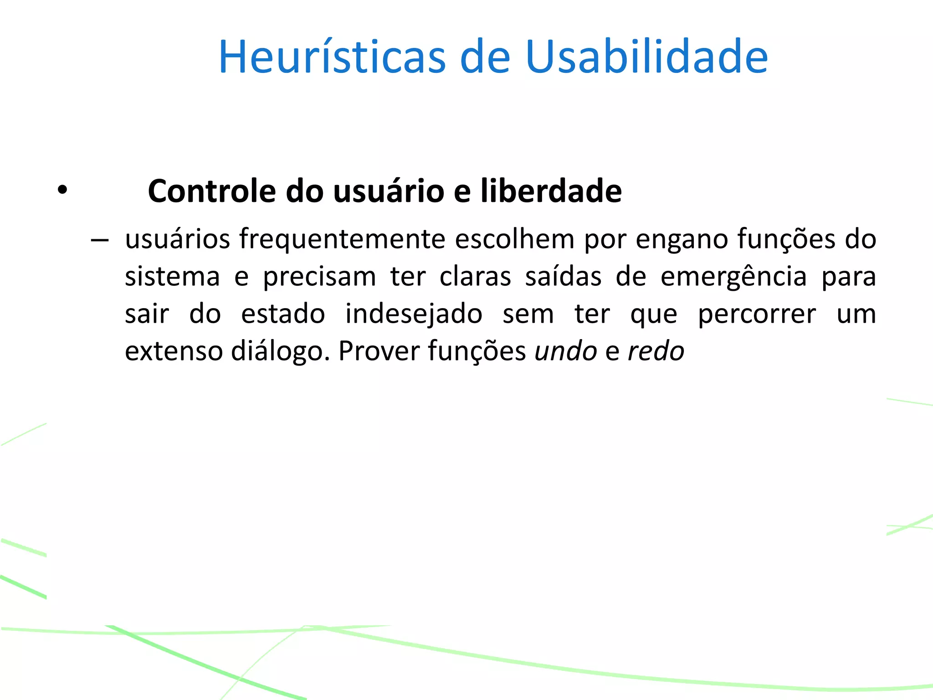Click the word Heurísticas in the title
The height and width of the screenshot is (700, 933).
pyautogui.click(x=332, y=57)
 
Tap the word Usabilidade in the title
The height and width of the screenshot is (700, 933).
pyautogui.click(x=646, y=57)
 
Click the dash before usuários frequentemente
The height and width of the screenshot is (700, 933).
pyautogui.click(x=99, y=240)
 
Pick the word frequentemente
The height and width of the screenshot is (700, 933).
pyautogui.click(x=342, y=239)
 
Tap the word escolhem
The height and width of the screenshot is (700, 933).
pyautogui.click(x=514, y=239)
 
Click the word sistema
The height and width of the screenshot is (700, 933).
pyautogui.click(x=172, y=277)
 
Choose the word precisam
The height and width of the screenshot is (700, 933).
pyautogui.click(x=319, y=277)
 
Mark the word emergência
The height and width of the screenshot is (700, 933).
pyautogui.click(x=733, y=277)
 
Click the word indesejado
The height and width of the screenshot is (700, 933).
pyautogui.click(x=414, y=314)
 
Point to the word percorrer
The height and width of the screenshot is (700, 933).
pyautogui.click(x=757, y=314)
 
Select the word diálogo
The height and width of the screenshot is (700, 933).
pyautogui.click(x=280, y=351)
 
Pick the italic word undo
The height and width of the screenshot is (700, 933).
pyautogui.click(x=565, y=351)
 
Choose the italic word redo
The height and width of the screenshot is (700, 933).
pyautogui.click(x=656, y=351)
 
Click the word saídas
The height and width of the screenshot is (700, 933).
pyautogui.click(x=563, y=277)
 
